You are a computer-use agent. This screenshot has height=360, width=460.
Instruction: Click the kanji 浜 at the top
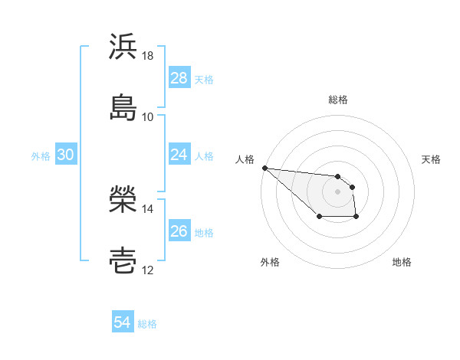[x=123, y=47]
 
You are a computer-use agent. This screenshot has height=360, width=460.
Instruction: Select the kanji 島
[x=123, y=107]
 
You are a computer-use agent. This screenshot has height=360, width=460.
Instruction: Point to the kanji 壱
[x=123, y=260]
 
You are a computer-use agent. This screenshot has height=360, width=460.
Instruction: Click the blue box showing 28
[x=179, y=78]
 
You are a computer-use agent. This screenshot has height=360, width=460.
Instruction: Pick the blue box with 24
[x=179, y=155]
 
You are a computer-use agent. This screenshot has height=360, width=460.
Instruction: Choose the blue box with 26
[x=179, y=231]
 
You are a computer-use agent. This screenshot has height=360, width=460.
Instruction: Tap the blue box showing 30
[x=66, y=155]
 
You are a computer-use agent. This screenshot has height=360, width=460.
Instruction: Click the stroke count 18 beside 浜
[x=148, y=56]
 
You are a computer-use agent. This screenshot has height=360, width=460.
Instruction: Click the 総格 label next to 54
[x=147, y=323]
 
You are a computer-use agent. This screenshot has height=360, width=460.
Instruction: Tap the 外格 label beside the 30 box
[x=41, y=155]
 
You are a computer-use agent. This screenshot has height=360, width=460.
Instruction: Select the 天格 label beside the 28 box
[x=204, y=79]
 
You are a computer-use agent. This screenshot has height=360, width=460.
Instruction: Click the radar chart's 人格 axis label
[x=245, y=159]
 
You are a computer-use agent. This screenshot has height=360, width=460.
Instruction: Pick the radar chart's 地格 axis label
[x=402, y=262]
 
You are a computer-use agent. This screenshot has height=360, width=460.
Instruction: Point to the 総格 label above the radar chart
[x=338, y=100]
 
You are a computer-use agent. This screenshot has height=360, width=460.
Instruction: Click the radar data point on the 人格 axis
[x=264, y=168]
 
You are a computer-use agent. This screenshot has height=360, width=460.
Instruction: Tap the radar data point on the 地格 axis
[x=356, y=218]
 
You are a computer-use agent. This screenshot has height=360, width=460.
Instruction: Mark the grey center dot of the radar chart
[x=338, y=191]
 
